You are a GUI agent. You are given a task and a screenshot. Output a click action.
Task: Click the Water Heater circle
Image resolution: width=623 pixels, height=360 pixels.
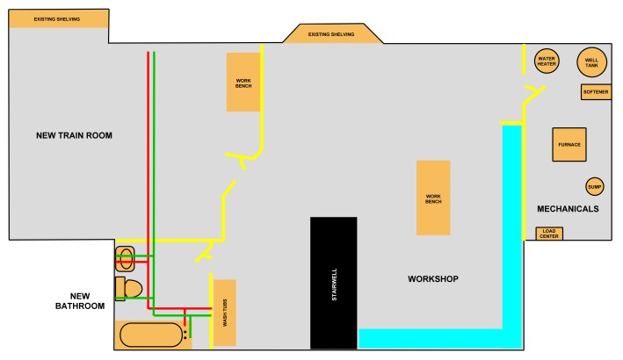(x=547, y=61)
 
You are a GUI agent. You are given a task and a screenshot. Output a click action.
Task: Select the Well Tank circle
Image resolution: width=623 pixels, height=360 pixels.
(x=591, y=62)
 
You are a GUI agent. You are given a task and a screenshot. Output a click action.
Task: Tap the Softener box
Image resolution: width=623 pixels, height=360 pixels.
(x=596, y=91)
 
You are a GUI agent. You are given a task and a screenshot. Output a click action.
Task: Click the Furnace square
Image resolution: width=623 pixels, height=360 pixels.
(x=569, y=145)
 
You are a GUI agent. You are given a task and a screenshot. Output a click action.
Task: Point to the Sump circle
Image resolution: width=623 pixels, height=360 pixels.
(x=594, y=186)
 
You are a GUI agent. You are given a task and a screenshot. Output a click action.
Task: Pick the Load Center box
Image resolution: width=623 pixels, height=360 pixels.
(x=548, y=234)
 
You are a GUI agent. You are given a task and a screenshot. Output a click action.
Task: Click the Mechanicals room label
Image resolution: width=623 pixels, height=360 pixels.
(x=568, y=209)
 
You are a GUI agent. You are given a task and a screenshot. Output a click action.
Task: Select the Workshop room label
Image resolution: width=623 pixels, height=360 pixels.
(x=432, y=278)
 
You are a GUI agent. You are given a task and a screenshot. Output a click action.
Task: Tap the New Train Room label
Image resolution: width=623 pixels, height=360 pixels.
(x=74, y=135)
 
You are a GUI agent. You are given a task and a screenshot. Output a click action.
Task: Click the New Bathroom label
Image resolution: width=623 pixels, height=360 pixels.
(x=80, y=301)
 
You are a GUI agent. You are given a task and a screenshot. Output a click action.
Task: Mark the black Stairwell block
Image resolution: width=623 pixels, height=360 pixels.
(x=333, y=283)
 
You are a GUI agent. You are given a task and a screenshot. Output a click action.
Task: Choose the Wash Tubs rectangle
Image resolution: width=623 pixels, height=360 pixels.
(x=225, y=313)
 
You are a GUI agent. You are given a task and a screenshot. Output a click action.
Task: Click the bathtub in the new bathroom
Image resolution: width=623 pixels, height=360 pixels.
(x=151, y=335)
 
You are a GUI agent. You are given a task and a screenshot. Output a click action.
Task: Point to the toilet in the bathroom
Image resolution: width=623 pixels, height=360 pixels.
(x=128, y=289)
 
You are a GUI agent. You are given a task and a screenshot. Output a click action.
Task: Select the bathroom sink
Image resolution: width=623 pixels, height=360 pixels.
(x=125, y=259)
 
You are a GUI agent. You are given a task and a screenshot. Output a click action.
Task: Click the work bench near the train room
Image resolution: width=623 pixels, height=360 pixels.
(x=243, y=83)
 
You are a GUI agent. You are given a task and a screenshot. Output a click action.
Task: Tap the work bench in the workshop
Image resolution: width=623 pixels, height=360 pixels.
(x=433, y=198)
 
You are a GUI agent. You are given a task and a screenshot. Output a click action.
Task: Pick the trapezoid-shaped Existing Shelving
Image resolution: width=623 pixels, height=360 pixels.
(x=333, y=33)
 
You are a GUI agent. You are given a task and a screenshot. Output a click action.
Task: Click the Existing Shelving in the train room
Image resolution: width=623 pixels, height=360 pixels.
(x=58, y=18)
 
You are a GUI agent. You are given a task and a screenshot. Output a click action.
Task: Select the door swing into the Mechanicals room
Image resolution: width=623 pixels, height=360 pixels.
(x=535, y=95)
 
